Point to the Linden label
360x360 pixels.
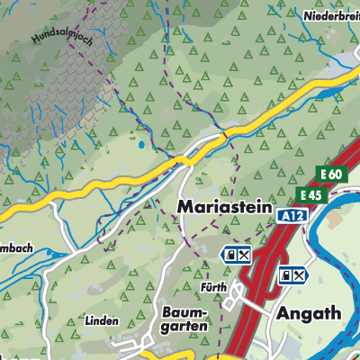click(102, 319)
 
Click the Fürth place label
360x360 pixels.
click(213, 288)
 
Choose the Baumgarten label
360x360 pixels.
click(185, 319)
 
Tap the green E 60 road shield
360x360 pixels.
click(334, 174)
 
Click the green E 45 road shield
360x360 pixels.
click(310, 195)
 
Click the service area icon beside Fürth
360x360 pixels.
click(236, 256)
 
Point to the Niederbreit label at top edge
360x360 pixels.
click(329, 14)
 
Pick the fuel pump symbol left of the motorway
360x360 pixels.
click(229, 256)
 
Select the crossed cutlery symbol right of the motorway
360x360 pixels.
click(300, 276)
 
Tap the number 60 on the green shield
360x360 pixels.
click(337, 174)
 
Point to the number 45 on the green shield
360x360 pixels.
click(314, 195)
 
